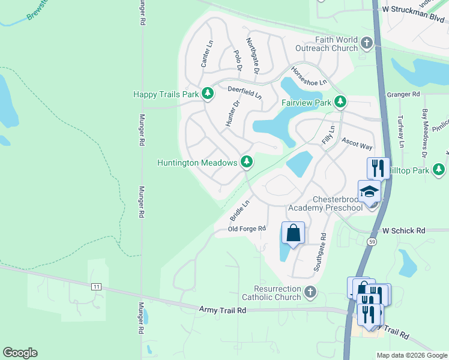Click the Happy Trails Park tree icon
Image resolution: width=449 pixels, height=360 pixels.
pos(208,94)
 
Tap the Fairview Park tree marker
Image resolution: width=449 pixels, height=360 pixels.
pos(340,101)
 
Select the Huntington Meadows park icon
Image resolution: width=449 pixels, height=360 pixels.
pos(246,161)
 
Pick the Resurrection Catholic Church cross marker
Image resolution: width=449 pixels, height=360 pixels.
pos(310,292)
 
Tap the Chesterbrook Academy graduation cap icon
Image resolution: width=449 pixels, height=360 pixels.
pos(369,192)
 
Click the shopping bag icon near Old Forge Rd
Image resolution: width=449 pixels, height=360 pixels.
pos(293,233)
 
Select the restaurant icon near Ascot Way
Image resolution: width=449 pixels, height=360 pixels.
pos(378,167)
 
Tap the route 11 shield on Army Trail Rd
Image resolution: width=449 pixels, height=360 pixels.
pos(96,287)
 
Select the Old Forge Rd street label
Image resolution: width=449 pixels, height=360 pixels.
pos(247,229)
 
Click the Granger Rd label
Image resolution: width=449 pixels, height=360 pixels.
pos(403,94)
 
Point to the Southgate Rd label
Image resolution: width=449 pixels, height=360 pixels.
pos(319,252)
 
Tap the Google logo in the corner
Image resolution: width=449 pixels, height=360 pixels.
pos(20,353)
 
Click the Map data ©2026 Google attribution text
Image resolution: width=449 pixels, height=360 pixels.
pos(411,355)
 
